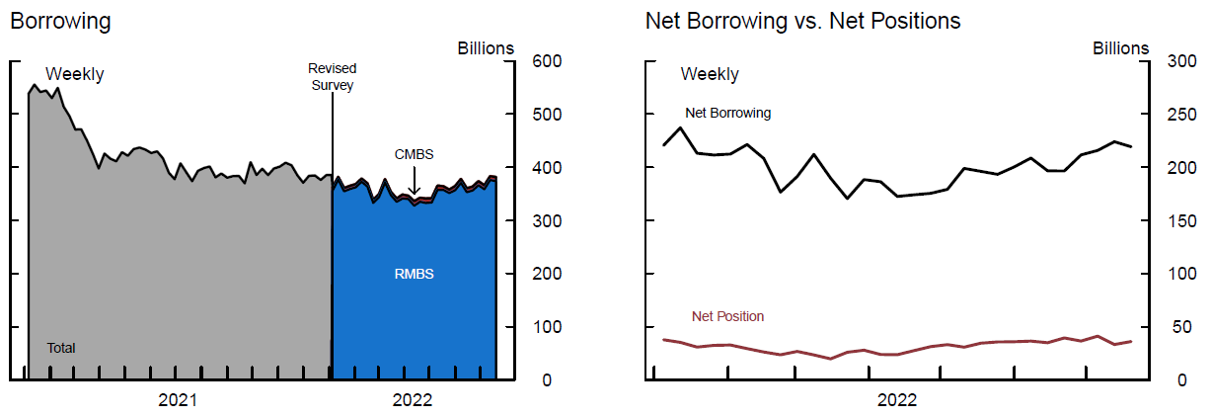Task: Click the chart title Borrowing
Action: click(x=60, y=20)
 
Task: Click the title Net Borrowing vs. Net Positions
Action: click(x=802, y=20)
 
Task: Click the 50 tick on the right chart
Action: click(x=1184, y=327)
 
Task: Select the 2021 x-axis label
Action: click(x=178, y=400)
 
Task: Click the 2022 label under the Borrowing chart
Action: click(x=413, y=400)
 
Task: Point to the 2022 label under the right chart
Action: click(x=896, y=400)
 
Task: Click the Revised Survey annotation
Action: click(x=332, y=76)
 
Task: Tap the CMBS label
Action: click(x=414, y=154)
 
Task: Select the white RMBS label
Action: click(x=414, y=274)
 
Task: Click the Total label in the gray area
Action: click(x=61, y=348)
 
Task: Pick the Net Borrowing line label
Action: click(x=727, y=113)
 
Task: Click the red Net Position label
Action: click(x=727, y=316)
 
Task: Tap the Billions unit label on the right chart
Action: click(x=1121, y=47)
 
